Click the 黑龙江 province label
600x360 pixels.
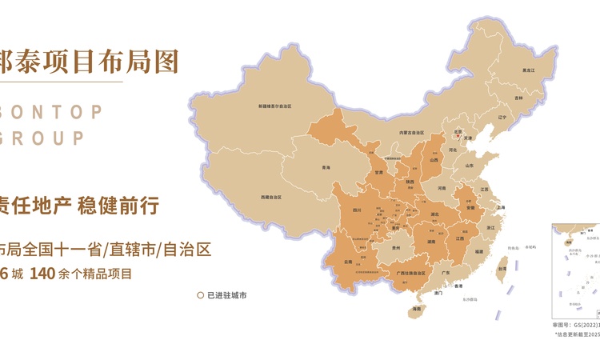click(x=527, y=70)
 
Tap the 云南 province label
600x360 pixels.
click(x=348, y=261)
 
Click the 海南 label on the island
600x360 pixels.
click(x=416, y=309)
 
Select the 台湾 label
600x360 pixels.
click(x=502, y=269)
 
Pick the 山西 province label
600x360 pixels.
click(x=434, y=160)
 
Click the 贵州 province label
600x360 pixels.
click(x=396, y=249)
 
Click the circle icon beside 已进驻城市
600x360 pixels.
click(x=200, y=295)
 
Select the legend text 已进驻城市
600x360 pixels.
click(x=226, y=295)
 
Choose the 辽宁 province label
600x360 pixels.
click(x=502, y=117)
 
